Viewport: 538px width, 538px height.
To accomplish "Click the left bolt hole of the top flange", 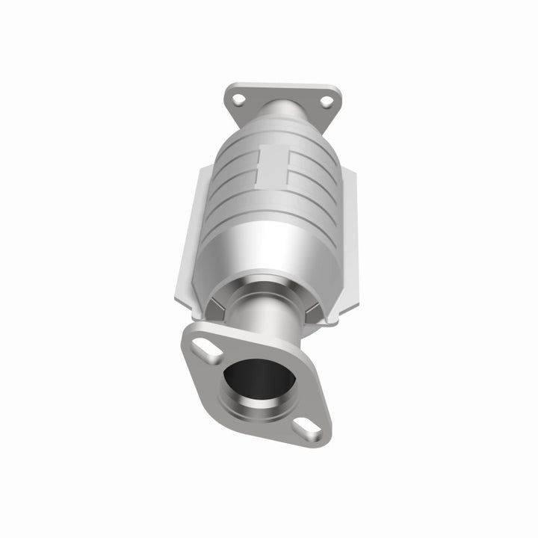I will pyautogui.click(x=238, y=99).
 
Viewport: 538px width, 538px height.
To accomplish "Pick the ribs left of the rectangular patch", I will pyautogui.click(x=232, y=176).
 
